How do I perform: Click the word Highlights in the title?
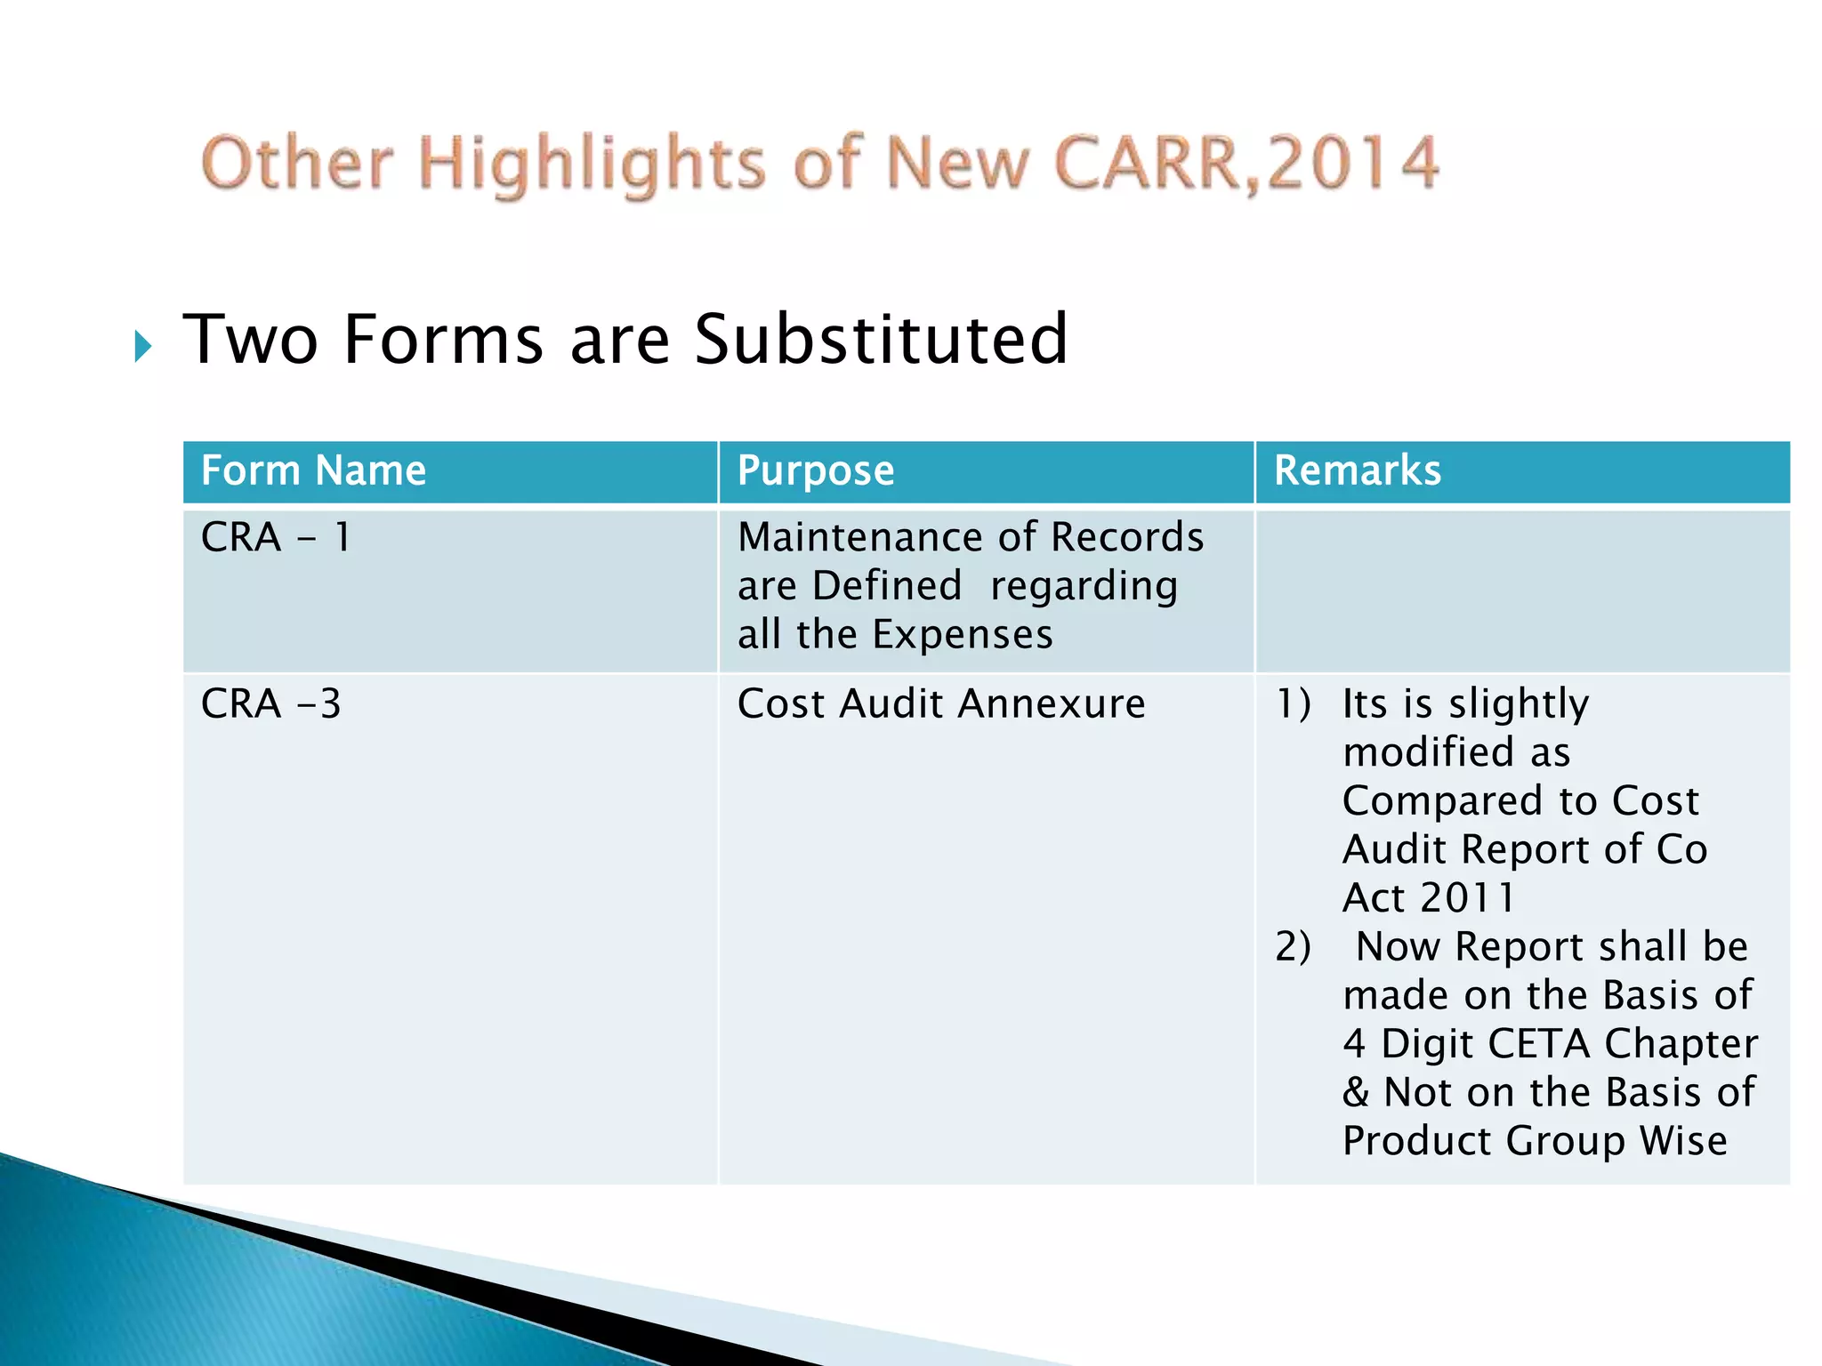pos(591,165)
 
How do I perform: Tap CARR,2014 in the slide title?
pos(1246,164)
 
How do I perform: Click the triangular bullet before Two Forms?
pos(142,346)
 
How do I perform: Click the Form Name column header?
pos(313,470)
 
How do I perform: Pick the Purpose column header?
pos(815,470)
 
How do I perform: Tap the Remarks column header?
pos(1357,470)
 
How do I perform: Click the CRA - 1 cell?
pos(276,537)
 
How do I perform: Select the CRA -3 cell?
pos(270,704)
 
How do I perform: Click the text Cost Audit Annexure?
pos(940,704)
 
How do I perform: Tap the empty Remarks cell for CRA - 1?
pos(1521,590)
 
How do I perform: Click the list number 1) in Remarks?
pos(1294,704)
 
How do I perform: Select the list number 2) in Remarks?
pos(1293,947)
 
